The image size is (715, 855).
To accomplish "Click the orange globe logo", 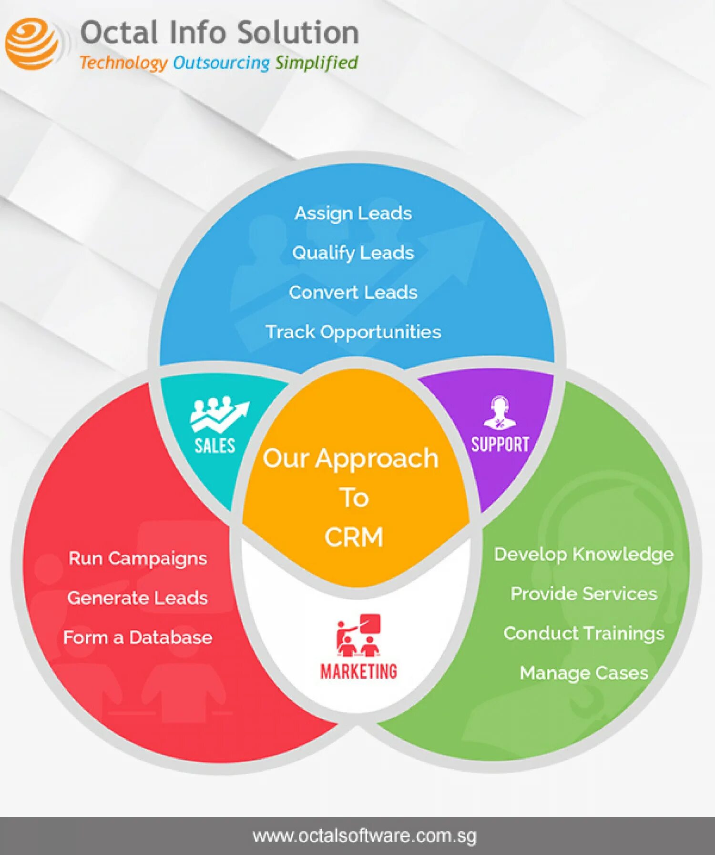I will [x=32, y=44].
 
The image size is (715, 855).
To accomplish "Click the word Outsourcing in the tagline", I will [x=221, y=63].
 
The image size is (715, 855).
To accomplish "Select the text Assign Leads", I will [x=353, y=213].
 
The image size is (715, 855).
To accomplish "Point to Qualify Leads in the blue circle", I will [x=353, y=253].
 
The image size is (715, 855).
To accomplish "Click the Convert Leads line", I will [x=353, y=292].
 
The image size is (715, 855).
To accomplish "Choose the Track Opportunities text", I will [x=353, y=332].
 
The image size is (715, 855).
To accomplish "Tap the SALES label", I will [x=214, y=446].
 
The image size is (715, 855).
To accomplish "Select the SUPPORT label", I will [x=500, y=444].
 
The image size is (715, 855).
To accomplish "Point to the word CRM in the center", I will [x=354, y=537].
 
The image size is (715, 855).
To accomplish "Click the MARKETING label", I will [x=358, y=671].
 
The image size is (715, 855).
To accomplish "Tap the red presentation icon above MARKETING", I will [x=358, y=635].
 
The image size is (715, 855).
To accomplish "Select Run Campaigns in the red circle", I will [x=138, y=558].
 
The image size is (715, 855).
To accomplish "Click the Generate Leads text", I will [x=138, y=598].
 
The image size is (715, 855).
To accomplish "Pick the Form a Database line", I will [x=138, y=637].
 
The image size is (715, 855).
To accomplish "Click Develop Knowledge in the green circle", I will [x=583, y=554].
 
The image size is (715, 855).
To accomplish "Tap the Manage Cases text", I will [x=583, y=673].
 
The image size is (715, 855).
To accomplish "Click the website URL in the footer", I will [x=364, y=836].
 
